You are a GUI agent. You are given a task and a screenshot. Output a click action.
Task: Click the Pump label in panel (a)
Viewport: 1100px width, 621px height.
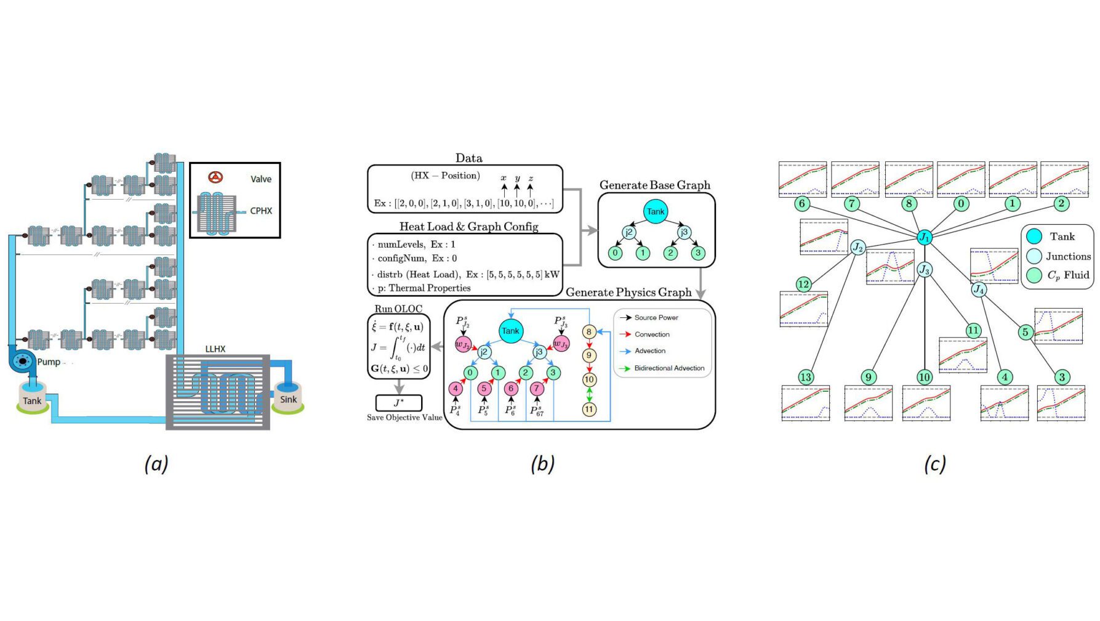[49, 362]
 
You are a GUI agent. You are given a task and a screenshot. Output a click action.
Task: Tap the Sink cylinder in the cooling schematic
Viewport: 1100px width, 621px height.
[288, 397]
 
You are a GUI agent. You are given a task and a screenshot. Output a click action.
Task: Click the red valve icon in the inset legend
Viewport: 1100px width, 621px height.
[215, 177]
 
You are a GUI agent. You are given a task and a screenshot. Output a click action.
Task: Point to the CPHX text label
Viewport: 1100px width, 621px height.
[261, 211]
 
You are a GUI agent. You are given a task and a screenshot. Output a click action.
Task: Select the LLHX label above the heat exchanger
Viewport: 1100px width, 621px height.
[215, 349]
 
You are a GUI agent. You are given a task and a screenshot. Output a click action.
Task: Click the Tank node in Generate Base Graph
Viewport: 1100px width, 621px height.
[656, 212]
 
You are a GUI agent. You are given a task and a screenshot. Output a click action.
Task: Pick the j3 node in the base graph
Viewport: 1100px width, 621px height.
[683, 232]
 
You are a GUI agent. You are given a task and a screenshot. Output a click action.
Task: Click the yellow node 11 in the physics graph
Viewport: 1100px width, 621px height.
[589, 409]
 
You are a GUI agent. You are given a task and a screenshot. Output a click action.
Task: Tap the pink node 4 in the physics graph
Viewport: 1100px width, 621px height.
[456, 388]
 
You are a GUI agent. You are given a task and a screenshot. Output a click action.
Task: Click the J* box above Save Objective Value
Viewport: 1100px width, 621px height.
[399, 403]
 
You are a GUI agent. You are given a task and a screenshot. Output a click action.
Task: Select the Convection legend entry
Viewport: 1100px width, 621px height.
[652, 335]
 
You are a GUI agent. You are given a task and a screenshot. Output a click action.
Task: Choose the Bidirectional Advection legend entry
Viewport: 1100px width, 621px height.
[669, 368]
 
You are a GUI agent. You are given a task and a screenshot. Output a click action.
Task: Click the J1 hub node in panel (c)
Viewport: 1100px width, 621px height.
[924, 237]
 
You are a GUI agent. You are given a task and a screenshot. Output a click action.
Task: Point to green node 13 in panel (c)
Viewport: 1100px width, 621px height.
[806, 377]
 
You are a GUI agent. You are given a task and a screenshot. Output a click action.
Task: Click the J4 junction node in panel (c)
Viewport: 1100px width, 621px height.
[979, 289]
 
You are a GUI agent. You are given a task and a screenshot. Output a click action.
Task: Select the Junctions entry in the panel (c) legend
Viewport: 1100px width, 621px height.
[1067, 256]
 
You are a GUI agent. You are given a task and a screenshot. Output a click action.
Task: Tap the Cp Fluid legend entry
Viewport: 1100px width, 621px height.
[1067, 275]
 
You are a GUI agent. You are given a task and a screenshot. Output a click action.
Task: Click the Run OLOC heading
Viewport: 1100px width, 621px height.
[398, 309]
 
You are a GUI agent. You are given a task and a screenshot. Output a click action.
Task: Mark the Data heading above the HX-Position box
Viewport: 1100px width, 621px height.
[469, 158]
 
